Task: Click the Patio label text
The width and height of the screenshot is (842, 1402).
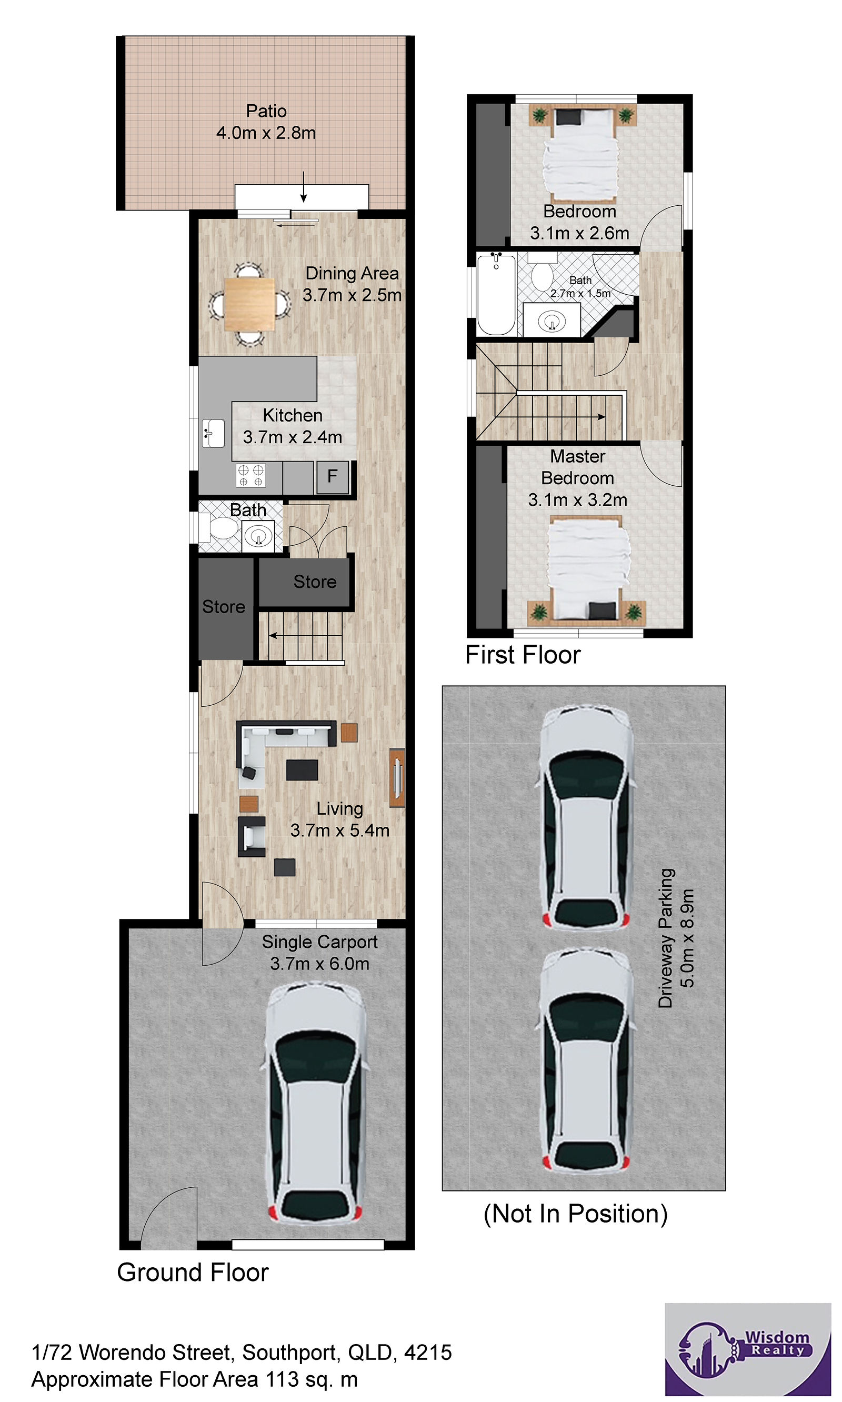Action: click(266, 111)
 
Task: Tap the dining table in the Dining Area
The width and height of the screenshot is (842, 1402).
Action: click(249, 304)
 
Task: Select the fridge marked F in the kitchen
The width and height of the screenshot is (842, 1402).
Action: click(333, 477)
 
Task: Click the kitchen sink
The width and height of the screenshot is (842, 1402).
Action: click(213, 434)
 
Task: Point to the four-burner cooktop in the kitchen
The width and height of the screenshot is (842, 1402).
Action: click(251, 475)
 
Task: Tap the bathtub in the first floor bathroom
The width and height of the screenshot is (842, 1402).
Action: click(496, 295)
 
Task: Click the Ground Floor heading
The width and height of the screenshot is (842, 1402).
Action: click(193, 1273)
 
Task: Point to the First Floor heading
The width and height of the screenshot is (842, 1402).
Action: click(523, 655)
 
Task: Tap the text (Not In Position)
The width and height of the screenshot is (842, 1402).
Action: click(575, 1214)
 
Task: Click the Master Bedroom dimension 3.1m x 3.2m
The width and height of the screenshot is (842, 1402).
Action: click(578, 500)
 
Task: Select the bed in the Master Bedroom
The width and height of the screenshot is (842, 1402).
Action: click(587, 569)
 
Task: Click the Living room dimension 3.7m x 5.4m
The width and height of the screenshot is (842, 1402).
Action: click(340, 830)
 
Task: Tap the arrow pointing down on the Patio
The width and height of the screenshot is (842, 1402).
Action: click(304, 187)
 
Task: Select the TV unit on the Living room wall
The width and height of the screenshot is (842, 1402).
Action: click(397, 778)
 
